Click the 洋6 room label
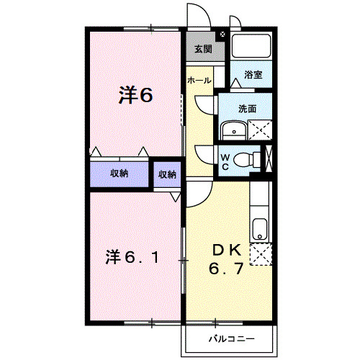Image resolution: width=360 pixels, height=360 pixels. [135, 96]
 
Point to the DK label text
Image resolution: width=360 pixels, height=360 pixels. [225, 250]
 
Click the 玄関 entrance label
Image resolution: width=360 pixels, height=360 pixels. [202, 50]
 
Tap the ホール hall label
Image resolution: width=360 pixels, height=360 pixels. [199, 81]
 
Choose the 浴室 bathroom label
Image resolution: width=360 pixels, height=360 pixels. [252, 75]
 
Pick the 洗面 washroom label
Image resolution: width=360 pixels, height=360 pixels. [248, 109]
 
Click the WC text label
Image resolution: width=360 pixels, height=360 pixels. [225, 161]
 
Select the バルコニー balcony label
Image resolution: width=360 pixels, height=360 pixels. [230, 336]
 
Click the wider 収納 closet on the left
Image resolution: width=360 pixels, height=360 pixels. [119, 174]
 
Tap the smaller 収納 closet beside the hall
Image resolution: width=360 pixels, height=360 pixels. [167, 174]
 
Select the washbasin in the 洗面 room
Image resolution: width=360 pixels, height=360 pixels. [233, 130]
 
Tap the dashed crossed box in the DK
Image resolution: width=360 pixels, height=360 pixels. [260, 255]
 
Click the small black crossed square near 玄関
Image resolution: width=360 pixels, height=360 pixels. [222, 34]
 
